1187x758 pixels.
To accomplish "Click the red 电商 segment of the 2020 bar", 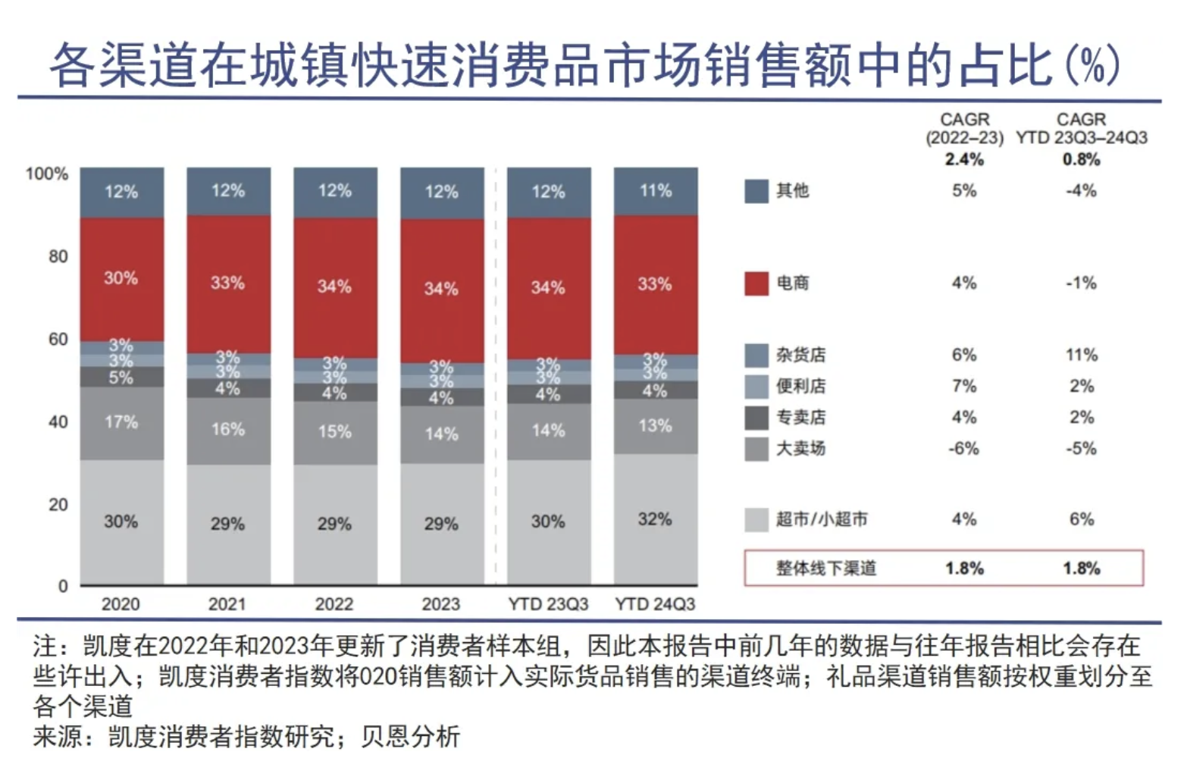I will (x=121, y=279).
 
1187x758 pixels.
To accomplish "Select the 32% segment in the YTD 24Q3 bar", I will (x=655, y=519).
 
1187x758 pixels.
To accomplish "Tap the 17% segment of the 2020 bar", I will (x=121, y=422).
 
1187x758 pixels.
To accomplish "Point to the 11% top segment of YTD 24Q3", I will (x=655, y=191).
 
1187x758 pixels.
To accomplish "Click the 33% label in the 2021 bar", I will (x=227, y=283).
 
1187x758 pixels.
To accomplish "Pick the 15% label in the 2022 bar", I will (x=334, y=431).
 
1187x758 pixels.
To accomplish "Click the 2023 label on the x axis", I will (x=440, y=604).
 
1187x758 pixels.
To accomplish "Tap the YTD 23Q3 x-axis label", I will (x=547, y=604).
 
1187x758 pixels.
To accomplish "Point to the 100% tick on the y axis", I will (x=46, y=174).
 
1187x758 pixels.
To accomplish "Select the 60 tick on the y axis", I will (x=58, y=339).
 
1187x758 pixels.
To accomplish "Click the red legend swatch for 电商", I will (x=756, y=283).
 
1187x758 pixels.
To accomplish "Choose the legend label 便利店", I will (x=800, y=386).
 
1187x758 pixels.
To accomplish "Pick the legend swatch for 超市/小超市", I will (x=756, y=520).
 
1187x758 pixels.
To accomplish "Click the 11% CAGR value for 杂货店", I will (x=1081, y=355).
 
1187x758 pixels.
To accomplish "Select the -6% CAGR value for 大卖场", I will (x=963, y=448).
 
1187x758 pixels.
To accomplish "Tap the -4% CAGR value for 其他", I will (x=1081, y=191).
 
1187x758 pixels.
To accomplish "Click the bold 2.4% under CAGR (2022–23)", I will (x=963, y=159).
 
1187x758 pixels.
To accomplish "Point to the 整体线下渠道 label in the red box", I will (x=825, y=568).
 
